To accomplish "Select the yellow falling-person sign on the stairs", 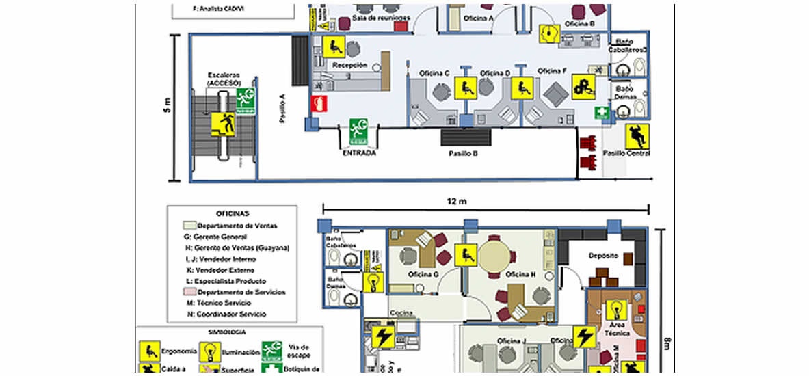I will pos(223,124).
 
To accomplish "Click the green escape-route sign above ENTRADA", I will pos(359,131).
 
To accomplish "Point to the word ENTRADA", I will pos(360,153).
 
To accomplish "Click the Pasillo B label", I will pos(463,153).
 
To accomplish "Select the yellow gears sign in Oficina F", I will pos(584,85).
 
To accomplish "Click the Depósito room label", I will pos(604,255).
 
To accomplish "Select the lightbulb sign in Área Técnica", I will pos(616,309).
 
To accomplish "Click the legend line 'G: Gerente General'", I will pos(221,237).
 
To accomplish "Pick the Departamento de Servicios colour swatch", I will pos(189,292).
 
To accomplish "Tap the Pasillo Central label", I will pos(626,153).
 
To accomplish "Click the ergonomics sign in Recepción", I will pos(334,46).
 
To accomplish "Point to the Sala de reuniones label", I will pos(381,17).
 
